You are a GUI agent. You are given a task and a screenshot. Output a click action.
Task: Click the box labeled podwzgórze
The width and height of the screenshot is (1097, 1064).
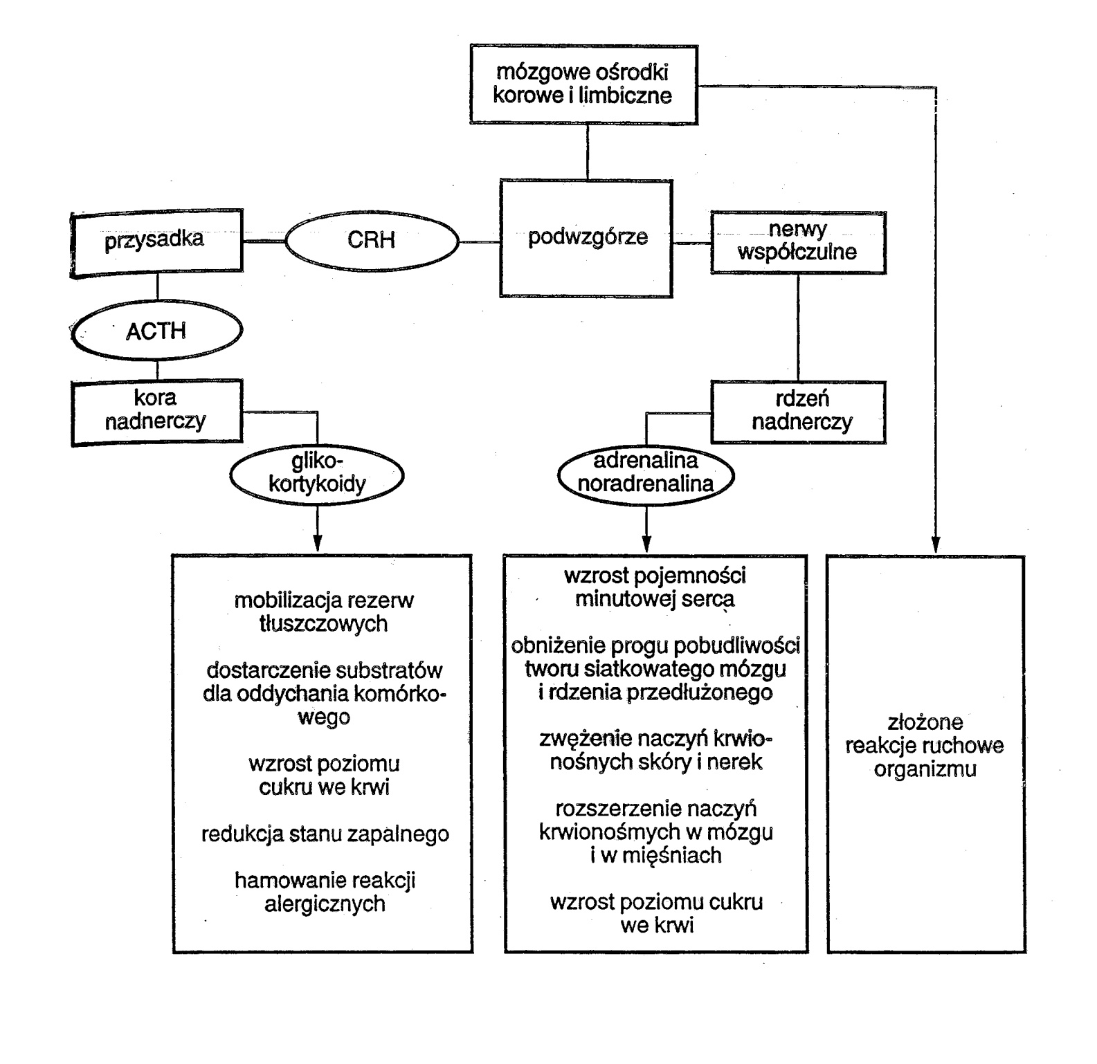point(586,238)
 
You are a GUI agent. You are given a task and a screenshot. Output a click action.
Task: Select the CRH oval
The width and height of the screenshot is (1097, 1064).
point(372,240)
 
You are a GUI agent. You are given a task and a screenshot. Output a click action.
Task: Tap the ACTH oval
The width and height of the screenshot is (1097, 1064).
point(156,331)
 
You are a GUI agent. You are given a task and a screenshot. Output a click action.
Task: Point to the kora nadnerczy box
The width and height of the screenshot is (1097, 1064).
point(156,410)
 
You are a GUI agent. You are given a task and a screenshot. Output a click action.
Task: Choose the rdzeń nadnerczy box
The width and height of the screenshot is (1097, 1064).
point(800,411)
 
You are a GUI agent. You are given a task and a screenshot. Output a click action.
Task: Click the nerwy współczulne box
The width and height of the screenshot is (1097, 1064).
point(797,241)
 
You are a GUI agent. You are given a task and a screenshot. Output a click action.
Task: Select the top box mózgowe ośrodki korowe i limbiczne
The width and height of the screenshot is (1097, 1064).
point(583,84)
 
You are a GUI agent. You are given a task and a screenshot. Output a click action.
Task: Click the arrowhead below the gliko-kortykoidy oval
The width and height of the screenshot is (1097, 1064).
point(317,542)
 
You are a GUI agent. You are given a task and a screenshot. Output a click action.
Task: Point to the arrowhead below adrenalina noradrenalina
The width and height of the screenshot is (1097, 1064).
point(646,542)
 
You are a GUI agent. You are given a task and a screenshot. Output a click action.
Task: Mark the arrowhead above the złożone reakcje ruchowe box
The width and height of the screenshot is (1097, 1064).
point(936,542)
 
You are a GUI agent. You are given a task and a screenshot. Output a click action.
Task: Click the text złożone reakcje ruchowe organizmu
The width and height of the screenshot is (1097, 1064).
point(925,746)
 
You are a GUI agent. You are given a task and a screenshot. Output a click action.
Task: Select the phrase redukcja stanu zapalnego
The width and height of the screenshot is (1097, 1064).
point(325,834)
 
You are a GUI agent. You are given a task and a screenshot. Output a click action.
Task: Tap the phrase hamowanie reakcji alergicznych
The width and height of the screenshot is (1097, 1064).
point(325,892)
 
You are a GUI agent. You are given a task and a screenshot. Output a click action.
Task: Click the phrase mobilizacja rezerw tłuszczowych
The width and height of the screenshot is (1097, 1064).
point(324,612)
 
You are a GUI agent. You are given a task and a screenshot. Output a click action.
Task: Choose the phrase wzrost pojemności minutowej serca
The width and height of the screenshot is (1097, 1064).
point(655,587)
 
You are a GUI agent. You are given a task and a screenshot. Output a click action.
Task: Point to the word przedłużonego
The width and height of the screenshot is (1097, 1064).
point(699,693)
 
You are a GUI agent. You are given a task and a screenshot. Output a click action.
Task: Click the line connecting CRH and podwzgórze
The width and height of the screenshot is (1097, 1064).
point(480,242)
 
